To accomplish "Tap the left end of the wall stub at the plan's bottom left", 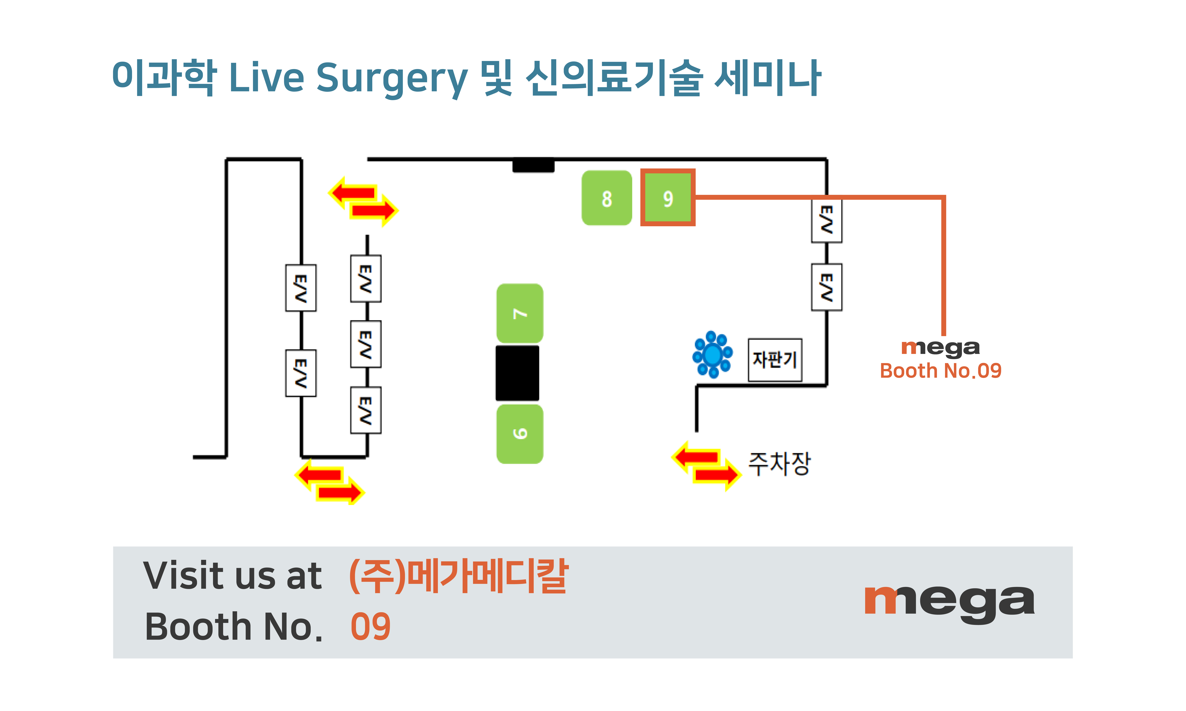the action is tap(194, 457).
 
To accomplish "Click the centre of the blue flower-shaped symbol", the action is tap(712, 355).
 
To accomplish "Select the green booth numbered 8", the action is tap(606, 198).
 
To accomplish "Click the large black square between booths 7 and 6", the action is tap(517, 373).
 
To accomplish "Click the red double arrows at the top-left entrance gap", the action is tap(363, 201).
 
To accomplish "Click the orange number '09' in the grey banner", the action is tap(371, 627).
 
